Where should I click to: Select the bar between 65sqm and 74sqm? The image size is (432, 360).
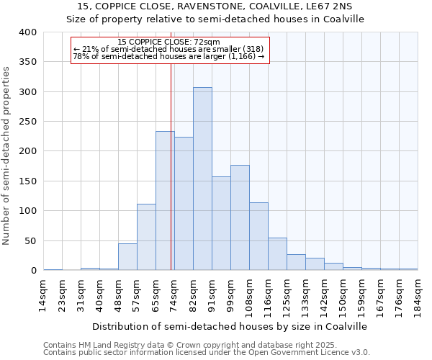click(165, 201)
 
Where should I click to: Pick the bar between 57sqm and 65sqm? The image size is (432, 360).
click(146, 237)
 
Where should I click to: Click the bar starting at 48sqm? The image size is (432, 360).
click(127, 257)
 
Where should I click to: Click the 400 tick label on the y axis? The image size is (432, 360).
click(27, 32)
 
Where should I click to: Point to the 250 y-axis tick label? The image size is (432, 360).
click(27, 122)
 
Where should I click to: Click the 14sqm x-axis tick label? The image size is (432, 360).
click(44, 293)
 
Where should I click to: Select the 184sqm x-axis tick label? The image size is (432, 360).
click(418, 293)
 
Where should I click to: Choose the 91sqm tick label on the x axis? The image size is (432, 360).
click(212, 293)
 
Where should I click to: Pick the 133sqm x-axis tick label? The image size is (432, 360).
click(306, 293)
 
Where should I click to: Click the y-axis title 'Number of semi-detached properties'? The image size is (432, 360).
click(7, 155)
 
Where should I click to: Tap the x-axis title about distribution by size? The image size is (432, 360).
click(230, 326)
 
